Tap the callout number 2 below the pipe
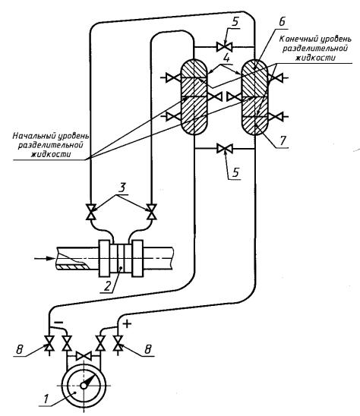pyautogui.click(x=107, y=286)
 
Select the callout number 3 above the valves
pyautogui.click(x=122, y=188)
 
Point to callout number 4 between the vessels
pyautogui.click(x=226, y=58)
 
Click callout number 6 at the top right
pyautogui.click(x=282, y=21)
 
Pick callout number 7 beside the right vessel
pyautogui.click(x=283, y=140)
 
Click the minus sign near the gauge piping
pyautogui.click(x=58, y=322)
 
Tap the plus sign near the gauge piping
pyautogui.click(x=127, y=323)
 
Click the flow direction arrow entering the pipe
pyautogui.click(x=44, y=258)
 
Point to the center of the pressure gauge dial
pyautogui.click(x=84, y=385)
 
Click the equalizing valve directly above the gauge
pyautogui.click(x=84, y=356)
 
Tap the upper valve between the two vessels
pyautogui.click(x=225, y=47)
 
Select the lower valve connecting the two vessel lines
pyautogui.click(x=225, y=149)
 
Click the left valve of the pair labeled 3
pyautogui.click(x=90, y=212)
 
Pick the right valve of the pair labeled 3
pyautogui.click(x=152, y=212)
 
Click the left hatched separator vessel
pyautogui.click(x=194, y=97)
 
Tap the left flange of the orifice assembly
pyautogui.click(x=104, y=258)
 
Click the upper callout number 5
pyautogui.click(x=235, y=23)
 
